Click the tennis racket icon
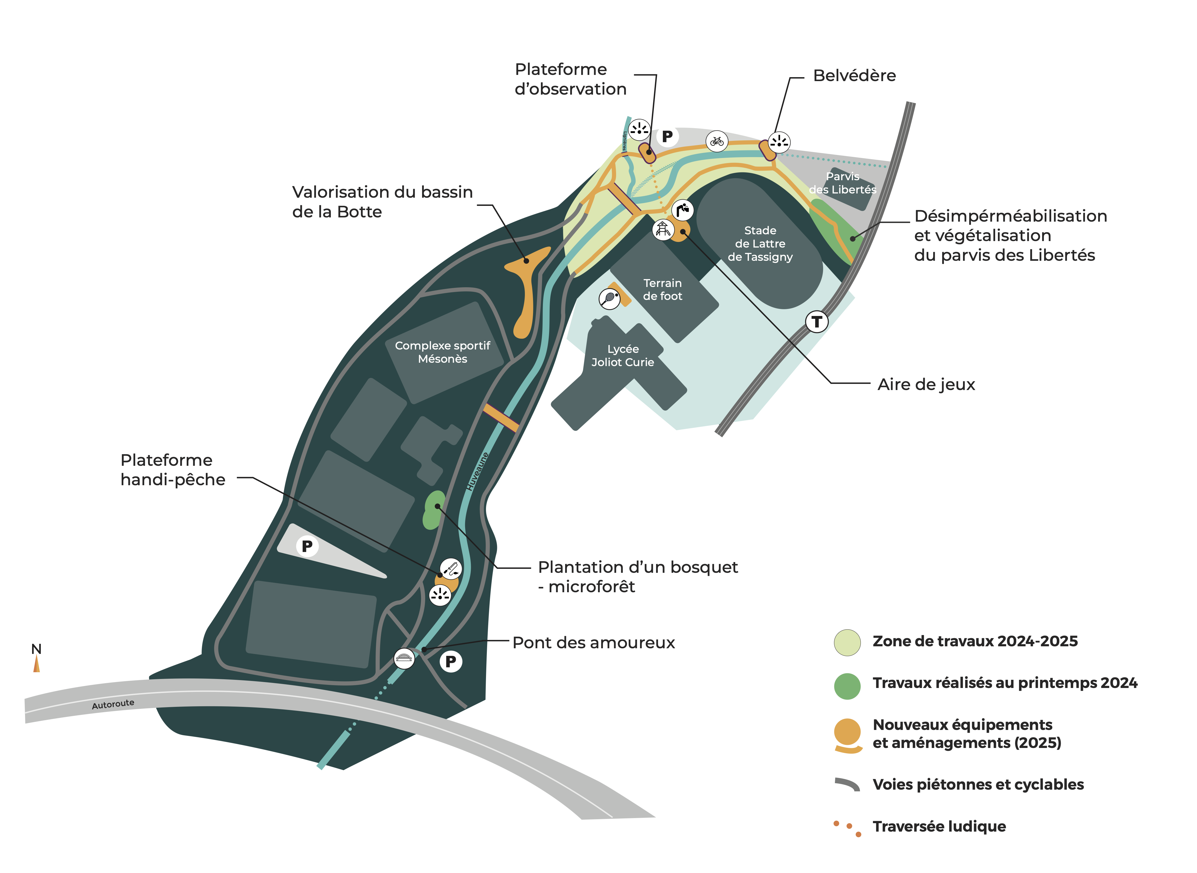point(610,298)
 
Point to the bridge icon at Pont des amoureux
point(404,658)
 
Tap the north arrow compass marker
point(36,663)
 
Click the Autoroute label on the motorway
point(113,704)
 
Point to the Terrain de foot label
point(662,289)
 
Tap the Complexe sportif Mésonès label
point(443,352)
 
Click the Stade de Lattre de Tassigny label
point(760,244)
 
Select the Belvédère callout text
point(854,75)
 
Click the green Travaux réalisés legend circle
point(847,686)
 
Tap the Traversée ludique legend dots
point(847,828)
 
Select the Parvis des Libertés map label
point(842,183)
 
